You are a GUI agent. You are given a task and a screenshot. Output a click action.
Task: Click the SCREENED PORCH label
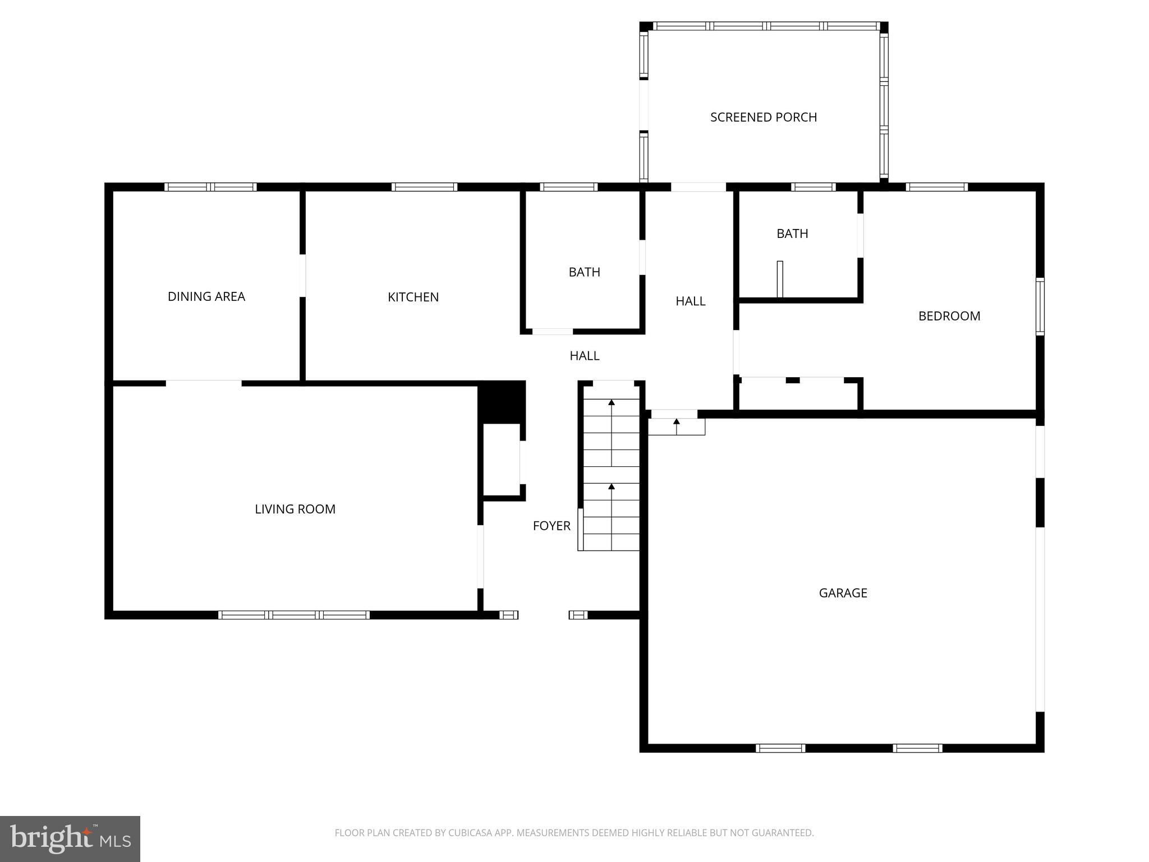[x=763, y=117]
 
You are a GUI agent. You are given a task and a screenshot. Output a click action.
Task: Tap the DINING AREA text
[x=206, y=296]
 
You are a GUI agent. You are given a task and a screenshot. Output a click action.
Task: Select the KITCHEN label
[x=413, y=297]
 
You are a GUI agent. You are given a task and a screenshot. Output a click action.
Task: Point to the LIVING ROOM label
[x=295, y=509]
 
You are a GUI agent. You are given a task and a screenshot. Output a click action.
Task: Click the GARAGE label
[x=843, y=593]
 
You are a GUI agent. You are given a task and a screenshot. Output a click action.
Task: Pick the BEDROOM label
[x=949, y=316]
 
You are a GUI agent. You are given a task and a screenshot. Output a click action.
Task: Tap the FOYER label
[x=551, y=526]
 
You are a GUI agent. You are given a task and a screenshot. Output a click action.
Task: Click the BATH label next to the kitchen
[x=584, y=272]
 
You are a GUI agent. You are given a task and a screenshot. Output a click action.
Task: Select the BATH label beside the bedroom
[x=792, y=233]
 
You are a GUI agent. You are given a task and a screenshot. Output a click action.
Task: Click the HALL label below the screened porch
[x=690, y=301]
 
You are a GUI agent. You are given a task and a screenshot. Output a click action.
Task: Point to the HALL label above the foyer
[x=584, y=356]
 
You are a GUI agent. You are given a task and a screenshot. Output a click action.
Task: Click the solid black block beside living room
[x=502, y=402]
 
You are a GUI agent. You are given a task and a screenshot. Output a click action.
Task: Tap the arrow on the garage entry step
[x=677, y=422]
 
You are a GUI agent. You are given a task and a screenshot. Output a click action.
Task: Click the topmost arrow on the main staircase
[x=612, y=402]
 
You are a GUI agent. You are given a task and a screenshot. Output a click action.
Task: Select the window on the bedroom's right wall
[x=1040, y=306]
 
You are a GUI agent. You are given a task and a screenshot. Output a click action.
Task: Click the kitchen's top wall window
[x=424, y=187]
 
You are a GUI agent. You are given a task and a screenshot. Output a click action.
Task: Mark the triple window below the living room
[x=294, y=615]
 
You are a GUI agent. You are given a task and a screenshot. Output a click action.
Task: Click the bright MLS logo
[x=70, y=839]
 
